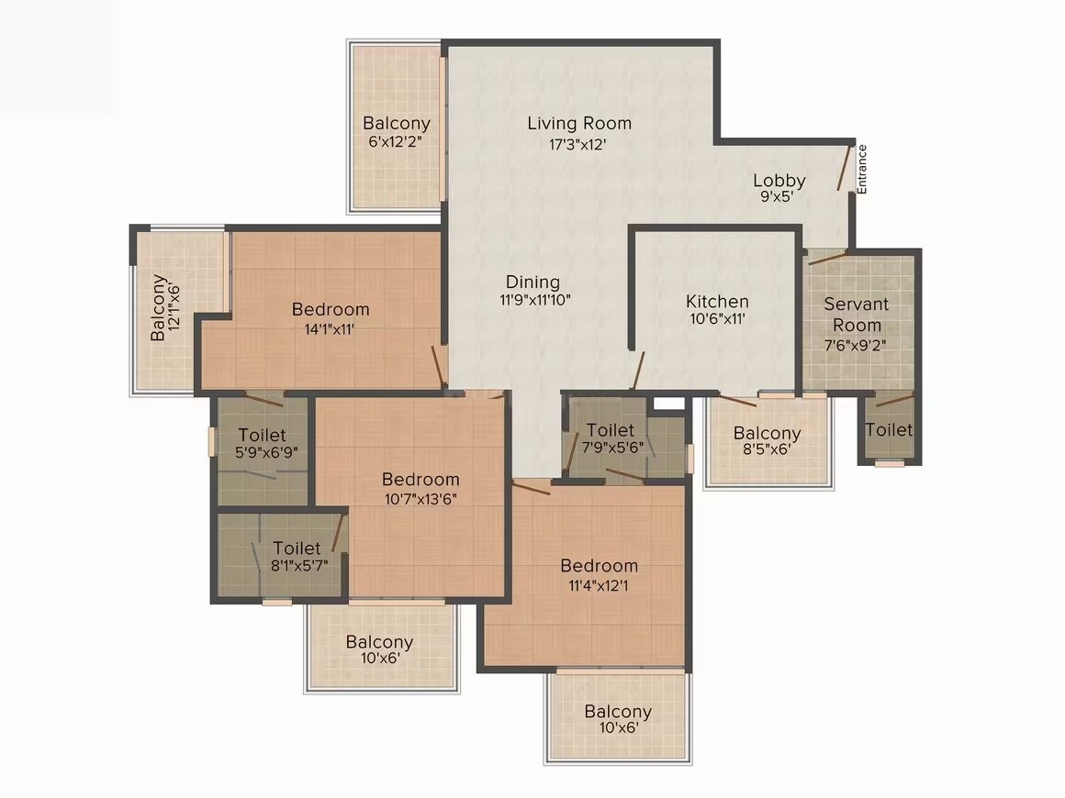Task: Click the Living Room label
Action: click(579, 123)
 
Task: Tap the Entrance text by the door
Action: click(862, 170)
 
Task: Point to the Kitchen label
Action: click(717, 301)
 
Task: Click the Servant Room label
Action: click(853, 314)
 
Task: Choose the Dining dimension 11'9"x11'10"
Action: click(535, 299)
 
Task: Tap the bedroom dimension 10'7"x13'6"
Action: click(420, 499)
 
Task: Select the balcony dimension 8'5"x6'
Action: click(767, 450)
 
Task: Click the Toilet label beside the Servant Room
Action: click(889, 429)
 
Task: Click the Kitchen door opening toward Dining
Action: click(638, 371)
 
